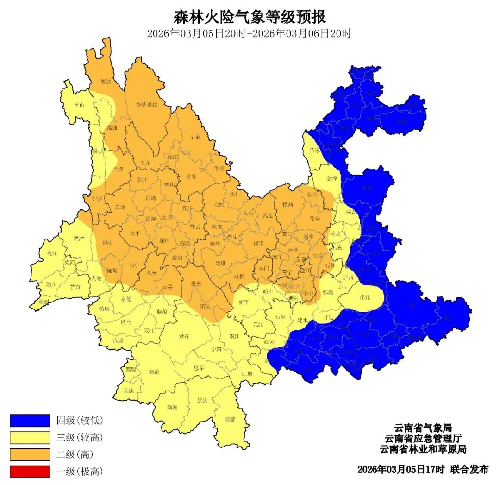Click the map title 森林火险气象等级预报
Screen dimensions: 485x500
tap(250, 17)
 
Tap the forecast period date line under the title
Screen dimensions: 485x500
tap(250, 34)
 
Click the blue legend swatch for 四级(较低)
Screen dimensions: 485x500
tap(30, 421)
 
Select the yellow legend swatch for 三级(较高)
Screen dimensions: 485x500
tap(30, 437)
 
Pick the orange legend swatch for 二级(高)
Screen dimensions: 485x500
tap(30, 454)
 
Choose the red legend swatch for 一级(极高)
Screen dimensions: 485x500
tap(30, 472)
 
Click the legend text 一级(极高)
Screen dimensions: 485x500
tap(80, 472)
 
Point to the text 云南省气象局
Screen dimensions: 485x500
tap(423, 428)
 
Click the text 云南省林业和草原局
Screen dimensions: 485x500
tap(423, 449)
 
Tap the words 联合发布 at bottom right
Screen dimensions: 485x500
tap(469, 469)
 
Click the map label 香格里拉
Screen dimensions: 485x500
tap(146, 104)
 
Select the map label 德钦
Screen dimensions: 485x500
tap(106, 82)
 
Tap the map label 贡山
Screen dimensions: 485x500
tap(79, 105)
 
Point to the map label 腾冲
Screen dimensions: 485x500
tap(79, 239)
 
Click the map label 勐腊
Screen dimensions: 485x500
tap(230, 419)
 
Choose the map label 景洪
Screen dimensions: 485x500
tap(202, 400)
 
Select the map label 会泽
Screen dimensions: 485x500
tap(332, 178)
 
